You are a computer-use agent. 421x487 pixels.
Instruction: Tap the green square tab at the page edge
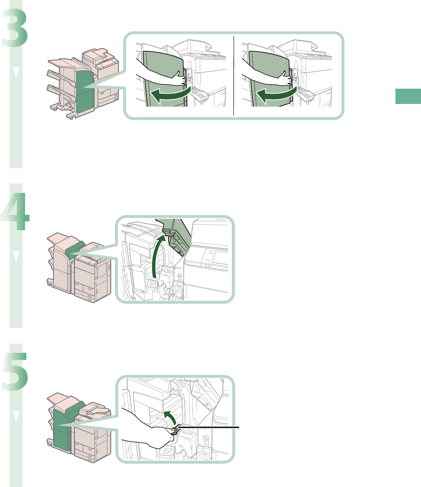click(408, 96)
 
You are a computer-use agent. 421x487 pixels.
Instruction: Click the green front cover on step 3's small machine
click(84, 91)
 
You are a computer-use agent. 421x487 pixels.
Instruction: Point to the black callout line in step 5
click(214, 427)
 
